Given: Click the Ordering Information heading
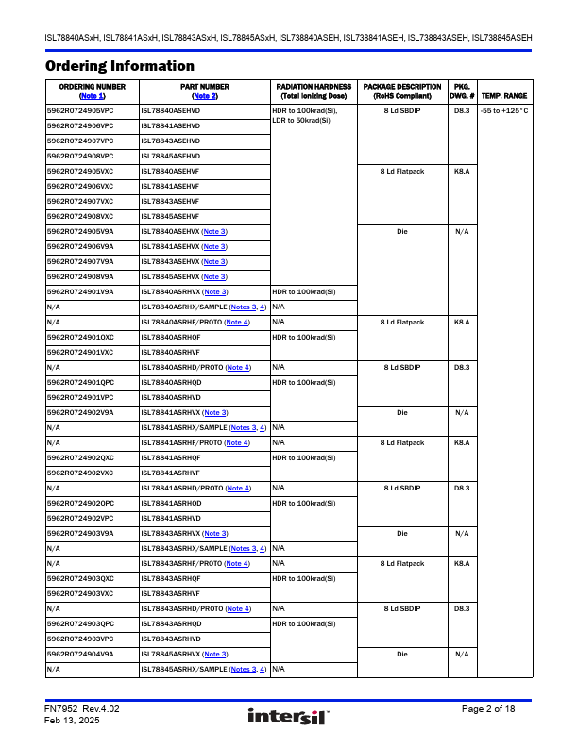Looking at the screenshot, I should (120, 66).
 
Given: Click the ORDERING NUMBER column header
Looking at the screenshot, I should (93, 87).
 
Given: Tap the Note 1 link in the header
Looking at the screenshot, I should (93, 96).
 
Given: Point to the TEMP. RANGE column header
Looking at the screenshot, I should (503, 96).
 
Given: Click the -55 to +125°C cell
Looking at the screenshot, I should (503, 111).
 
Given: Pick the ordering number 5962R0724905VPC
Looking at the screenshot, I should (80, 111).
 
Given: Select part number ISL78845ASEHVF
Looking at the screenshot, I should (170, 216).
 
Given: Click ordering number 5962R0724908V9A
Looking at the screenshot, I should (80, 276).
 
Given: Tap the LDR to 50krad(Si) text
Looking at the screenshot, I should (301, 121).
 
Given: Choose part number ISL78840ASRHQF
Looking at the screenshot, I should (171, 337).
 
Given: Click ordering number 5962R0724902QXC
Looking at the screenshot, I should (80, 457).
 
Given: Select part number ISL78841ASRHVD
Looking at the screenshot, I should (171, 518).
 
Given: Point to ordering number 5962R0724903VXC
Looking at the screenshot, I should (80, 593).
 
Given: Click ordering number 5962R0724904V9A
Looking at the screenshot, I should (80, 654).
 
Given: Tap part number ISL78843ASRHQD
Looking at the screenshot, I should (171, 623).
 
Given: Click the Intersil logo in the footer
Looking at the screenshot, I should (287, 718).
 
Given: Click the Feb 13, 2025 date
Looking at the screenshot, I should (72, 721).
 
